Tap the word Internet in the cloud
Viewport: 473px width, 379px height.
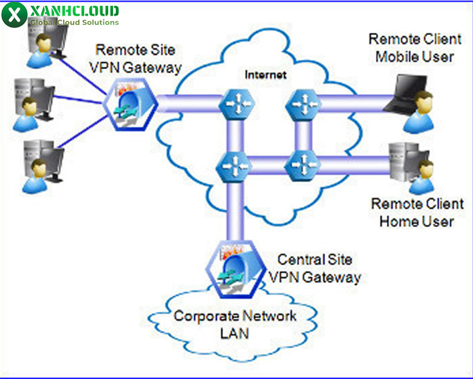click(265, 75)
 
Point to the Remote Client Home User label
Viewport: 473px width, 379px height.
click(417, 213)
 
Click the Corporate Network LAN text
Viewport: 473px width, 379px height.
click(234, 324)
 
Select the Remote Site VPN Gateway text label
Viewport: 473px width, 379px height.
click(135, 59)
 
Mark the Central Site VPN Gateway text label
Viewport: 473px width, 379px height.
click(315, 268)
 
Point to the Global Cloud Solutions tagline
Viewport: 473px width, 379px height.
click(74, 22)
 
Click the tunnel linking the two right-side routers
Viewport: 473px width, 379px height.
click(303, 135)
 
